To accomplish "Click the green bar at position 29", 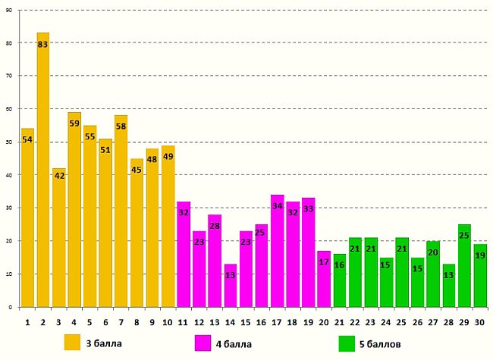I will pos(463,265).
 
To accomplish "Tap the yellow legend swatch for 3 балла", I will pos(73,343).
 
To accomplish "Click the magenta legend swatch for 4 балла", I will pos(203,343).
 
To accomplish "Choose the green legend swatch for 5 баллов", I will pos(347,343).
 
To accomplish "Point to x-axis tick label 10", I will pos(168,321).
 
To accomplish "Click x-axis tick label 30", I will pos(479,321).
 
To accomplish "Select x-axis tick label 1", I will pos(28,321).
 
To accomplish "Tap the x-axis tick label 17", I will pos(277,321).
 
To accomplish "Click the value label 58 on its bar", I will pos(121,127).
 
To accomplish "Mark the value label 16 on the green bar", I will pos(339,265).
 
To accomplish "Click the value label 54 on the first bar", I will pos(28,140).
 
